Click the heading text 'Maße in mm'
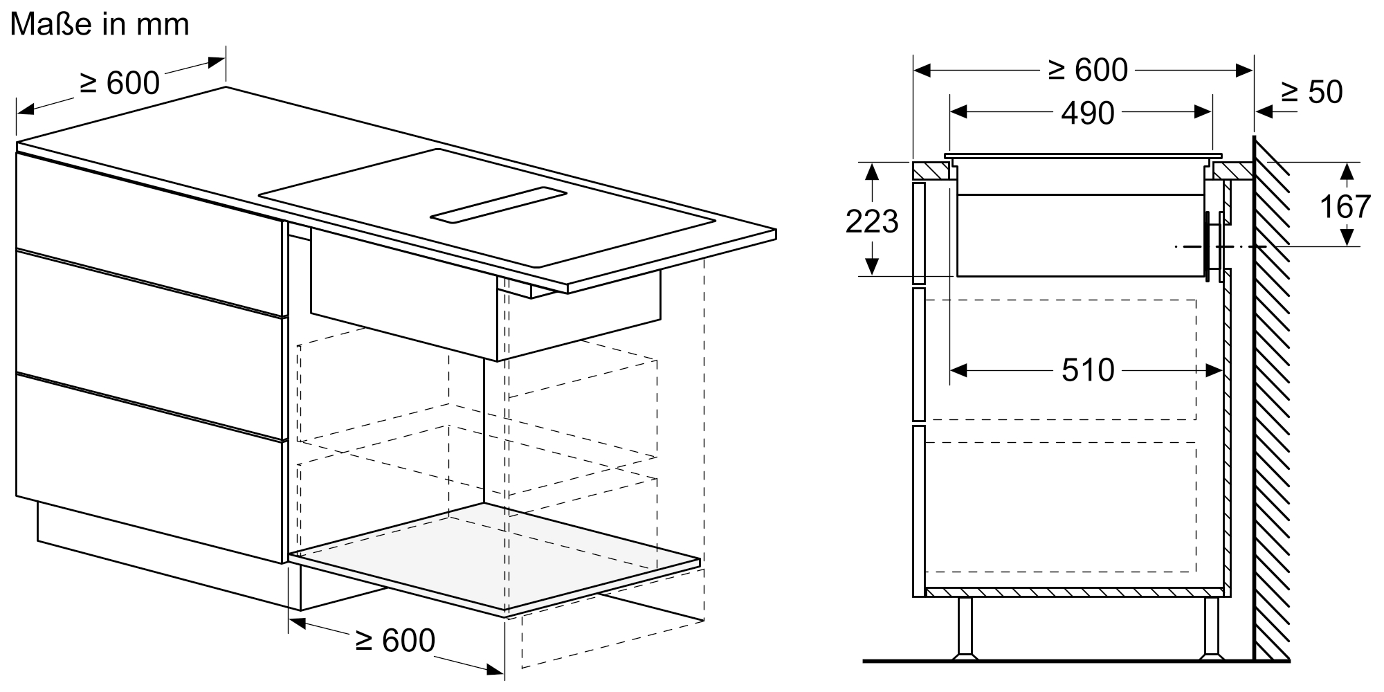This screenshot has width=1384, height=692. point(100,25)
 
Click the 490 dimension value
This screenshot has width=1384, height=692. point(1088,113)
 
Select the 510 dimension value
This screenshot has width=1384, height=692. point(1088,371)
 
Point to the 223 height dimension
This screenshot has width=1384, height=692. point(872,221)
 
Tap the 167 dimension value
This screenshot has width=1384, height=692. point(1345,206)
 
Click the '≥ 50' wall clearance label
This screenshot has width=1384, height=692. point(1311,92)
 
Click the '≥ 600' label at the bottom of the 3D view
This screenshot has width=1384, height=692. point(394,640)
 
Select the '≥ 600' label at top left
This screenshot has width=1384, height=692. point(120,83)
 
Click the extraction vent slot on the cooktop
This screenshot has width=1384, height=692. point(498,206)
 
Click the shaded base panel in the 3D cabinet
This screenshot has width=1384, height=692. point(495,557)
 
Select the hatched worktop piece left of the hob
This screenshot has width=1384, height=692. point(931,170)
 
